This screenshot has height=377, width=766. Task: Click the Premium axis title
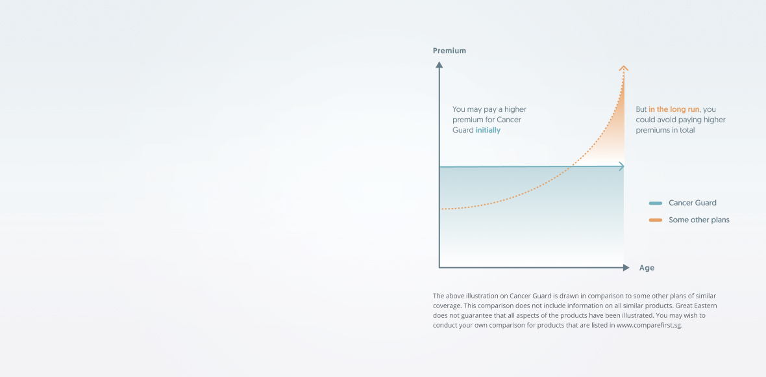pyautogui.click(x=449, y=51)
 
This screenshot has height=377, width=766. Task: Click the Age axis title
pyautogui.click(x=647, y=268)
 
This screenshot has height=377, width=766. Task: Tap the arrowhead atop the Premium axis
pyautogui.click(x=439, y=64)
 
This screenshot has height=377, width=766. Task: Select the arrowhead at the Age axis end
pyautogui.click(x=626, y=267)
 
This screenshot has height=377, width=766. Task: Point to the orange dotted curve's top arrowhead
pyautogui.click(x=623, y=68)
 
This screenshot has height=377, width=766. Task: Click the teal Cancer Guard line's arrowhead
pyautogui.click(x=621, y=166)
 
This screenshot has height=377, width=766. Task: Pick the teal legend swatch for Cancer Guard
pyautogui.click(x=656, y=203)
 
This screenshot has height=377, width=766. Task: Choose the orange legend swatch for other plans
pyautogui.click(x=656, y=220)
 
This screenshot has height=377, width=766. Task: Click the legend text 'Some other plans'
pyautogui.click(x=699, y=220)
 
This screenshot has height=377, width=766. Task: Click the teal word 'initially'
pyautogui.click(x=488, y=131)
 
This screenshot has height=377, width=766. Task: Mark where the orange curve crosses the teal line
pyautogui.click(x=571, y=167)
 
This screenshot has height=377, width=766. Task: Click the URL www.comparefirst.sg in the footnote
pyautogui.click(x=649, y=325)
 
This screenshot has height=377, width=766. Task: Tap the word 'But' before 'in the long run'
pyautogui.click(x=641, y=109)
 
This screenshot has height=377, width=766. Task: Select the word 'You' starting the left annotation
pyautogui.click(x=459, y=109)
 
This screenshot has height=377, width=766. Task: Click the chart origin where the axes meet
pyautogui.click(x=439, y=267)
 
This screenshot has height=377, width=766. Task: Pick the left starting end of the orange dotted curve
pyautogui.click(x=441, y=209)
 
